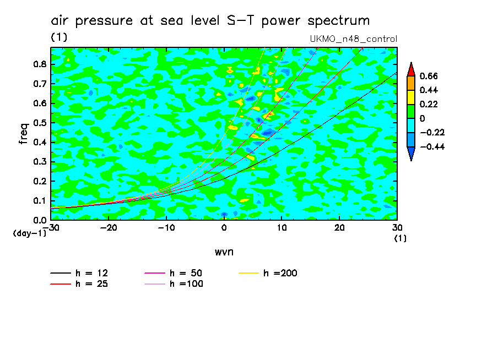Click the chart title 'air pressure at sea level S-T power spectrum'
coord(210,21)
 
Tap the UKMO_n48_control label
coord(354,39)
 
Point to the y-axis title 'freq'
coord(23,133)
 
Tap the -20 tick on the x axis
coord(109,228)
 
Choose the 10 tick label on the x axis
coord(282,228)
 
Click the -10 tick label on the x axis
coord(166,228)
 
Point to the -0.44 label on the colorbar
coord(432,146)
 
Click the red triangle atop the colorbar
coord(411,69)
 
